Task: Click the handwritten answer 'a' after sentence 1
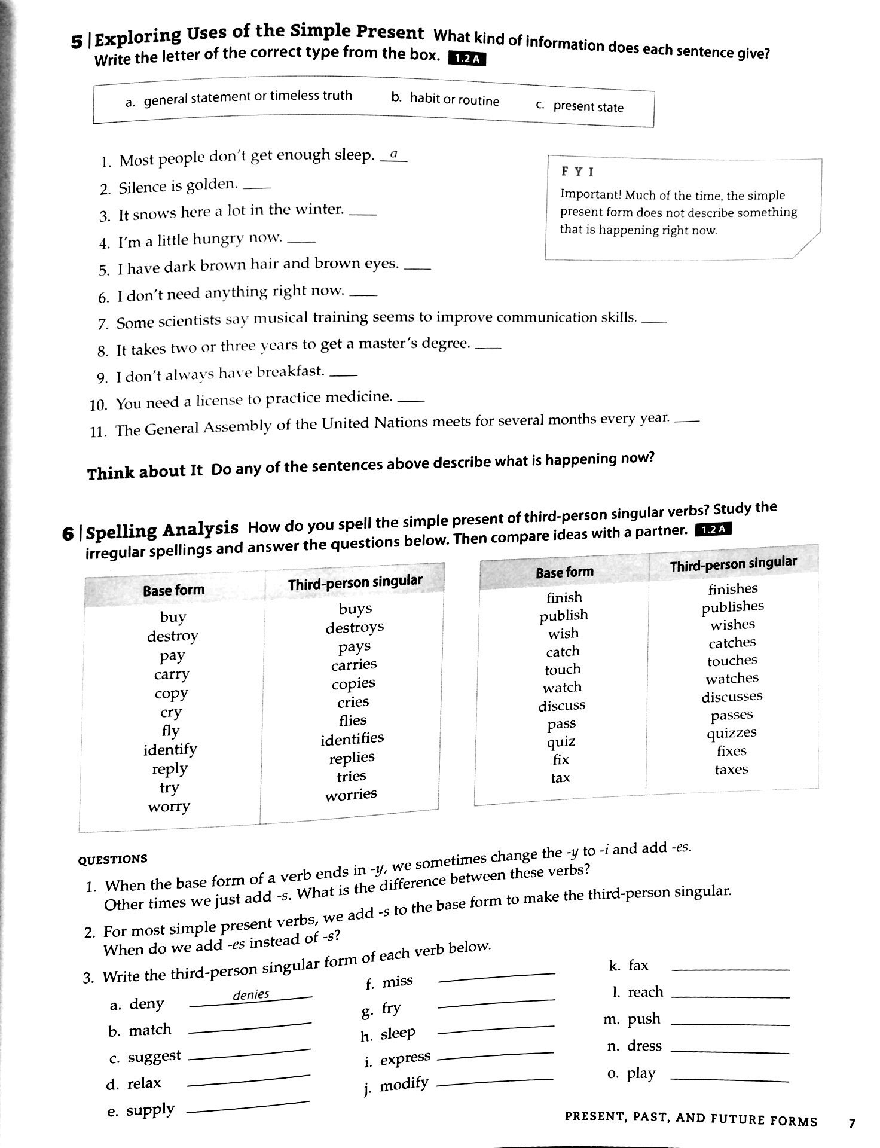[x=393, y=155]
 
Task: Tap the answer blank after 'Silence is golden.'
[x=258, y=187]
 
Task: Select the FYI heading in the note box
[x=577, y=172]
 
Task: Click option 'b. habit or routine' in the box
[x=445, y=99]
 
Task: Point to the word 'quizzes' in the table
[x=732, y=733]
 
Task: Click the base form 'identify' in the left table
[x=170, y=749]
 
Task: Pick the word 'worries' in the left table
[x=351, y=795]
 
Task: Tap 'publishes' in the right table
[x=733, y=607]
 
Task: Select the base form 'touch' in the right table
[x=563, y=670]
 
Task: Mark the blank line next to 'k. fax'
[x=730, y=969]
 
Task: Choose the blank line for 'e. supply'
[x=248, y=1108]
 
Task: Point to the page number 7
[x=852, y=1124]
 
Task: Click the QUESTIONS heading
[x=112, y=860]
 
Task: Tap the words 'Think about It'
[x=145, y=472]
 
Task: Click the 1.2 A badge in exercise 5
[x=467, y=59]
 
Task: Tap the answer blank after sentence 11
[x=686, y=420]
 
